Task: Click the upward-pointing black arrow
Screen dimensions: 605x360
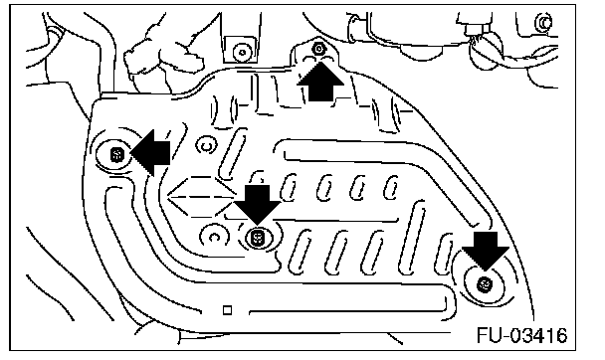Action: (x=320, y=82)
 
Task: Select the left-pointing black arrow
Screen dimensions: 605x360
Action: (x=151, y=153)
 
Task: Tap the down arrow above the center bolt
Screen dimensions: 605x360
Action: (x=258, y=205)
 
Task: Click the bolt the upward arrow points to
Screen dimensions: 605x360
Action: (x=318, y=49)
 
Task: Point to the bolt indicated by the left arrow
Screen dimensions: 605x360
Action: (x=116, y=155)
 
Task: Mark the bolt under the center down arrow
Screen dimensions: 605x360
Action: (x=257, y=237)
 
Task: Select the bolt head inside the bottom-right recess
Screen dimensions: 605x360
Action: (x=485, y=284)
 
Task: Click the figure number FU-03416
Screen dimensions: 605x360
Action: (x=522, y=336)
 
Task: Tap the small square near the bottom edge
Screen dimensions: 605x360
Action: (x=227, y=310)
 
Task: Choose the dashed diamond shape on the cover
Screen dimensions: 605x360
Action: (x=202, y=197)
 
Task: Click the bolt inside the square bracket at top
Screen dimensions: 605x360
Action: (x=243, y=52)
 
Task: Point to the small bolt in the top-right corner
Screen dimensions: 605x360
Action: (x=544, y=23)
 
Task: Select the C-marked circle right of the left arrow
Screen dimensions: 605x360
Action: (x=207, y=146)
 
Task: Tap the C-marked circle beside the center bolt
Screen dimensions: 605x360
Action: (x=213, y=236)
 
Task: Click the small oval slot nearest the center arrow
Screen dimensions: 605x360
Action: (x=290, y=187)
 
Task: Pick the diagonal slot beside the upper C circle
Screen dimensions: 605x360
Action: (x=232, y=154)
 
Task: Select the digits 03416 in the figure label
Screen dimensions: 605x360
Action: (x=539, y=336)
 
